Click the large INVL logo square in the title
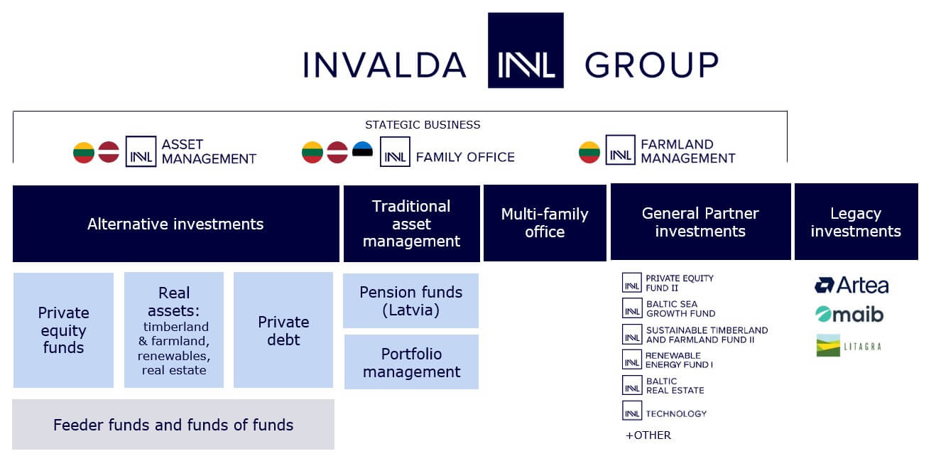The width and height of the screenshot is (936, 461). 526,50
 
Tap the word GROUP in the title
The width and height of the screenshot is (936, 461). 651,65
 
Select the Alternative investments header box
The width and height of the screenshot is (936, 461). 176,224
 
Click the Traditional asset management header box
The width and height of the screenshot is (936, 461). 412,224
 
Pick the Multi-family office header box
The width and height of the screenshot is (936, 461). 545,223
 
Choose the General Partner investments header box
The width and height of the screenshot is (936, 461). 701,222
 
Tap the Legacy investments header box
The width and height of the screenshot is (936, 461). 856,222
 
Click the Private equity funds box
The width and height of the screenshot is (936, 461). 63,330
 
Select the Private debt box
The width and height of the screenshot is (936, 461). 283,330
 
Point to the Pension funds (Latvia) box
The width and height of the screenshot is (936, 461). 410,301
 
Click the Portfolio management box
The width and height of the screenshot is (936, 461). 412,362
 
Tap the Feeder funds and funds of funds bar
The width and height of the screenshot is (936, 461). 173,425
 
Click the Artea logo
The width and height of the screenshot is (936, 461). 851,286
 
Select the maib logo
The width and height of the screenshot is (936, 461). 849,314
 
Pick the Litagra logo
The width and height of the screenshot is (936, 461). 849,346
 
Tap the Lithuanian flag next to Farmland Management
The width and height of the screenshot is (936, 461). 589,152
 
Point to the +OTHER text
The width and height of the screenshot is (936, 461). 648,435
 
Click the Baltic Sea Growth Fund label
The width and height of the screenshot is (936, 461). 680,309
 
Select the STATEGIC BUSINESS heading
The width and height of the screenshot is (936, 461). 423,125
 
